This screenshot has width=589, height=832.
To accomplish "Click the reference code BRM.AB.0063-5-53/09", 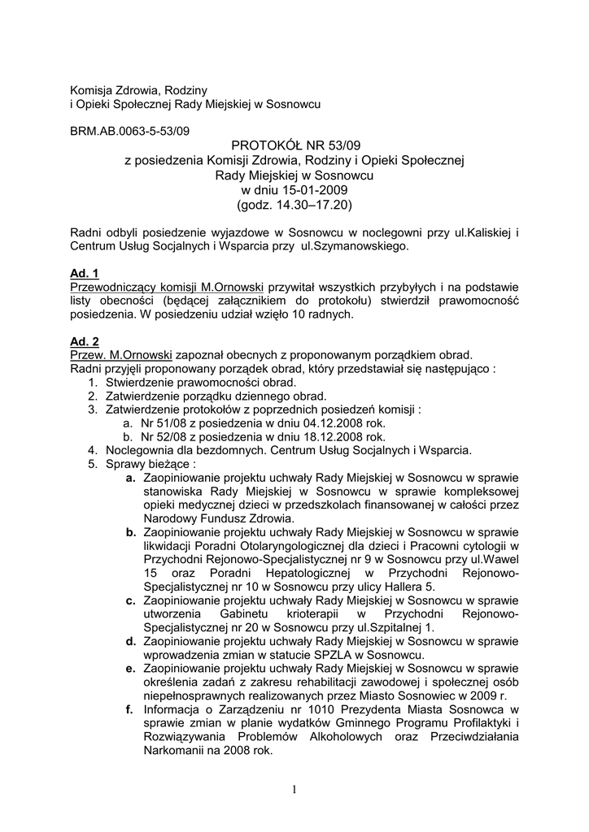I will (x=130, y=128).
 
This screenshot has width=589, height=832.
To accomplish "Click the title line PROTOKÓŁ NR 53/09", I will (x=294, y=145).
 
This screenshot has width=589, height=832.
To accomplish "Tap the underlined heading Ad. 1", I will (x=85, y=273).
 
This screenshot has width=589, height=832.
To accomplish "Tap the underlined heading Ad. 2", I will (x=85, y=342).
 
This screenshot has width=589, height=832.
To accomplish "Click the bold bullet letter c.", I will (x=130, y=600).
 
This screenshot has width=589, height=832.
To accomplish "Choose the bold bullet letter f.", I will (x=129, y=709).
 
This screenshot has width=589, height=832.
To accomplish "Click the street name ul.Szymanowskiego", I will (x=353, y=245).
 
